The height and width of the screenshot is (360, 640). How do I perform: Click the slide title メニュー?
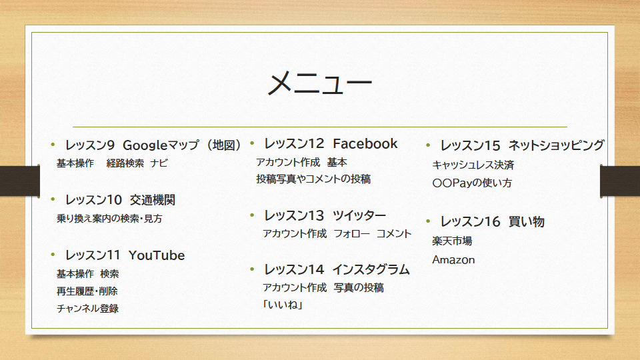(x=319, y=83)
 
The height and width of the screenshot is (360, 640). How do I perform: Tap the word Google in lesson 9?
(x=145, y=145)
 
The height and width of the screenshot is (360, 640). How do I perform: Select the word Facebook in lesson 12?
(x=365, y=144)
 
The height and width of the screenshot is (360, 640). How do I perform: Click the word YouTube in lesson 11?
(x=157, y=255)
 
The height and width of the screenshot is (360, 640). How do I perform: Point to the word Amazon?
(x=453, y=260)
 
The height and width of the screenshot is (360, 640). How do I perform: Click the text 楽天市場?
(x=452, y=241)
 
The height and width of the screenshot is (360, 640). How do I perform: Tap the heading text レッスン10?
(x=93, y=200)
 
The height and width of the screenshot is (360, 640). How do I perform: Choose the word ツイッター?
(x=359, y=215)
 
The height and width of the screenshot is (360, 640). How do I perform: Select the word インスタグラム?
(x=371, y=270)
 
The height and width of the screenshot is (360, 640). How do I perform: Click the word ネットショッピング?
(x=556, y=145)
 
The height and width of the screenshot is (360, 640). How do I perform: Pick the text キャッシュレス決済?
(x=473, y=165)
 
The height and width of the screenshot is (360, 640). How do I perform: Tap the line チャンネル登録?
(x=88, y=309)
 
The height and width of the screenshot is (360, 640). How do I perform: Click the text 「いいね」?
(x=283, y=305)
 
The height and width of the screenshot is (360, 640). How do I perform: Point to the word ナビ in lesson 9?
(x=159, y=163)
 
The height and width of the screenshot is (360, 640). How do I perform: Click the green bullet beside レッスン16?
(x=428, y=221)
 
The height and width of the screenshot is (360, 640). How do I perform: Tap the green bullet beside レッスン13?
(x=252, y=215)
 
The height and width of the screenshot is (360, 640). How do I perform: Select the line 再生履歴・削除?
(x=87, y=291)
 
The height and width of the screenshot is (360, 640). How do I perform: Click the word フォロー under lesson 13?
(x=352, y=234)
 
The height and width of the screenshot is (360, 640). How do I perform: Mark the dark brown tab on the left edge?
(x=20, y=181)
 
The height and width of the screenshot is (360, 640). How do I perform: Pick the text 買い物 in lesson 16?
(x=527, y=221)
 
